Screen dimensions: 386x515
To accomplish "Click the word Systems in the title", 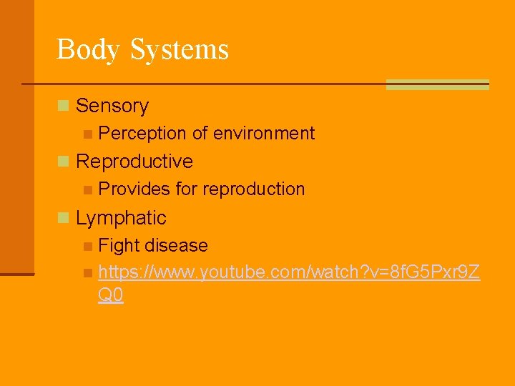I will tap(180, 50).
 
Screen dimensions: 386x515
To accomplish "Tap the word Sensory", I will tap(112, 106).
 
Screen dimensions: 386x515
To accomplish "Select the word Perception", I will tap(143, 134).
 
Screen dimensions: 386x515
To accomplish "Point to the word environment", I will tap(264, 134).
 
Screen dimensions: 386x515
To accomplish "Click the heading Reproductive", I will tap(134, 162).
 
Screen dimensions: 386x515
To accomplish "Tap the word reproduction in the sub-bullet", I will tap(254, 189).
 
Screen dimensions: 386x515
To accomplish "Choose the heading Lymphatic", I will tap(121, 218).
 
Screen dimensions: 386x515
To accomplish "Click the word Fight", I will tap(119, 246).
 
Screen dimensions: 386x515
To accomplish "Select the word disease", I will tap(176, 246).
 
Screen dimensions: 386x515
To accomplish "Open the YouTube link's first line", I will tap(289, 272).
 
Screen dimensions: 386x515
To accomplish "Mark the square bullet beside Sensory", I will tap(64, 107).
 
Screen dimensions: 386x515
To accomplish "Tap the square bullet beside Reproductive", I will tap(64, 162).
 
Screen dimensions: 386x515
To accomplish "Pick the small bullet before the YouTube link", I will tap(87, 273).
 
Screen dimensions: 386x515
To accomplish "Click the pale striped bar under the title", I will tap(437, 84).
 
